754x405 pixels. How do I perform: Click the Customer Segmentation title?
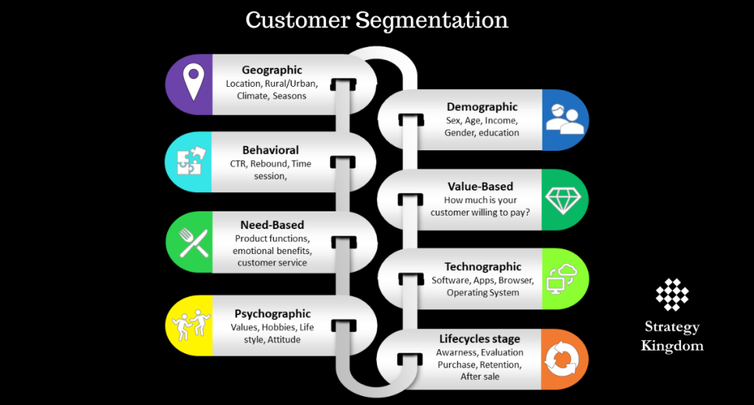pos(377,20)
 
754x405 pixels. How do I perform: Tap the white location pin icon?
pos(194,82)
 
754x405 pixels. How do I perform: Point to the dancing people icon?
pos(190,325)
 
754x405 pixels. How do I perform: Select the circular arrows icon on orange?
pos(565,359)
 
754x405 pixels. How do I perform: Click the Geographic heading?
pos(272,70)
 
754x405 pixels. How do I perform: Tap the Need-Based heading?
pos(272,225)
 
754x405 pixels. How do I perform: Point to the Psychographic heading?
pos(272,314)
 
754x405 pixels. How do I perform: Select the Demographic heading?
pos(482,107)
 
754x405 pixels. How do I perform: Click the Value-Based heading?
pos(480,187)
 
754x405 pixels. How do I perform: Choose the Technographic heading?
pos(482,267)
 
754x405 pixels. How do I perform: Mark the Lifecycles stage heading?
pos(479,339)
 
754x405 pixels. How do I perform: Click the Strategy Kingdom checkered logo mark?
pos(672,295)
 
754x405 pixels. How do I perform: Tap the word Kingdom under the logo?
pos(672,345)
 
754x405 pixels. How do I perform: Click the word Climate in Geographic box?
pos(252,96)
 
